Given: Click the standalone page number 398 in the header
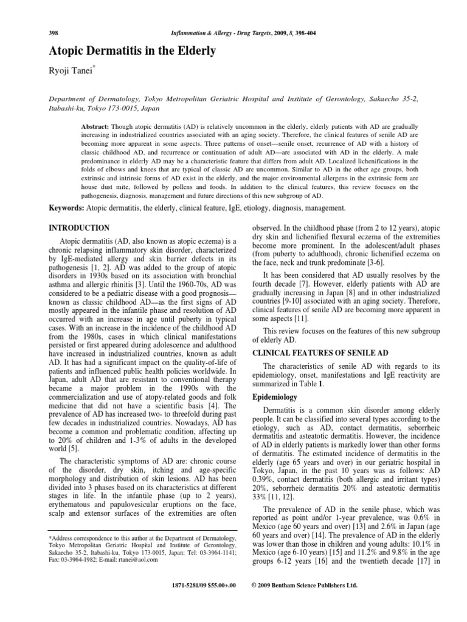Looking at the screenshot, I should pos(54,32).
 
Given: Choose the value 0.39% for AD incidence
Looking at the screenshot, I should pos(263,477).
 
